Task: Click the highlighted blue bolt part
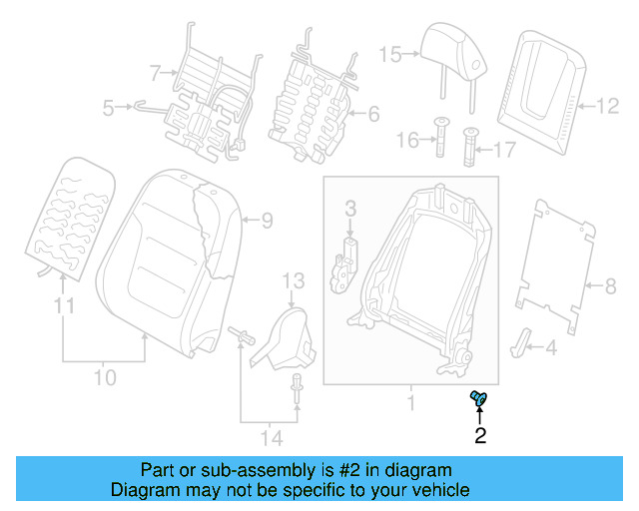477,399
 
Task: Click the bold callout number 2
480,435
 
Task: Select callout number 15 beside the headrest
389,54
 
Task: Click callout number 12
607,103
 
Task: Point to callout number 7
155,72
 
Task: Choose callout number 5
109,105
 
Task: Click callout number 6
373,114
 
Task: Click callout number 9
267,219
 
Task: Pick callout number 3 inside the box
350,208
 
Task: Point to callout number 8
611,287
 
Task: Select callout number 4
550,347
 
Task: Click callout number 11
64,307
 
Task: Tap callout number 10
105,377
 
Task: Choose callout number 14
270,437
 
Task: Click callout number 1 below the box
408,403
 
